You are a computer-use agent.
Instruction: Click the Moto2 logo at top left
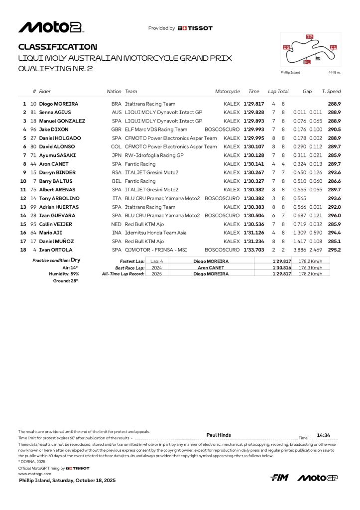(x=50, y=27)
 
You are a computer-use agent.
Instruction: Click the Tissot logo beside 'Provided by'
(x=195, y=28)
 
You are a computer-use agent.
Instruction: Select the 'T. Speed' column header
(x=331, y=92)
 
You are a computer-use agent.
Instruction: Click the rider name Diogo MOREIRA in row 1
(x=59, y=104)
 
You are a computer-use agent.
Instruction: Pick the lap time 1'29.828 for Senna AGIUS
(x=253, y=113)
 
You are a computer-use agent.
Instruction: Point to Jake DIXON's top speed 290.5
(x=334, y=129)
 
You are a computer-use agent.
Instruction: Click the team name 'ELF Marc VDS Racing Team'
(x=156, y=129)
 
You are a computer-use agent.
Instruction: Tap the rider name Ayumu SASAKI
(x=57, y=155)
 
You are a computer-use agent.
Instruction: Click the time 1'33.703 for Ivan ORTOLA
(x=253, y=250)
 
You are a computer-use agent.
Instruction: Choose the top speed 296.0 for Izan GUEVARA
(x=334, y=215)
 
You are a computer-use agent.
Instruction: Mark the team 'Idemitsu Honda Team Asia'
(x=155, y=233)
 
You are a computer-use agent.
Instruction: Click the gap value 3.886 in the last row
(x=300, y=250)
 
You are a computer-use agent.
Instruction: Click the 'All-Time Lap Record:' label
(x=123, y=273)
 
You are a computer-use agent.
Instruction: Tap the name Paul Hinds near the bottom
(x=219, y=435)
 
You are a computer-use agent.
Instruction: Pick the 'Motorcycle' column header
(x=227, y=92)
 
